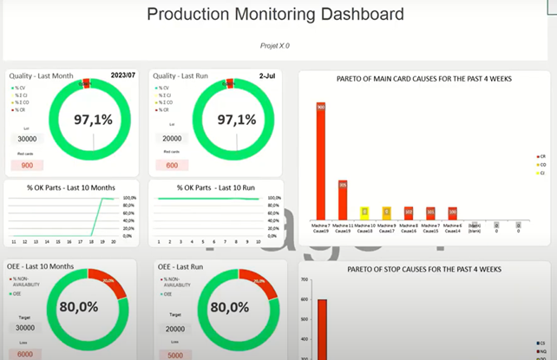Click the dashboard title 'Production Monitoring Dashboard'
275,14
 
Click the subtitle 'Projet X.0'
275,45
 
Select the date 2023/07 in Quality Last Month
122,75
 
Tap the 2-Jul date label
266,75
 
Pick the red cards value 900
27,165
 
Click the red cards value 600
172,165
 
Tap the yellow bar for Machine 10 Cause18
365,213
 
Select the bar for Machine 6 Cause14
452,213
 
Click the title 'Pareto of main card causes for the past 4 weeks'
423,78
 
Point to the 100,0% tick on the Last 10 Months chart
128,198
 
